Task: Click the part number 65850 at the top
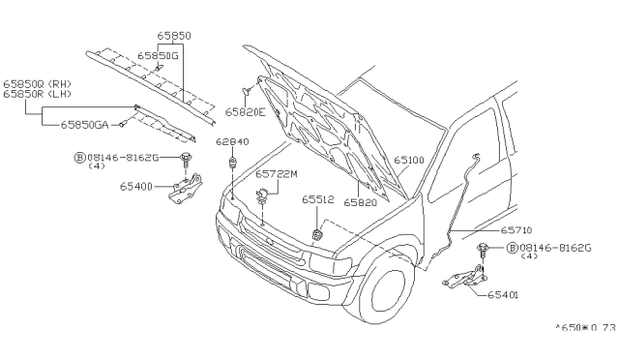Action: [x=174, y=36]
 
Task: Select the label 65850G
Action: [x=158, y=56]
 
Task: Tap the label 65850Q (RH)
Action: [x=37, y=84]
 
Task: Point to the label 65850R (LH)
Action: [x=37, y=94]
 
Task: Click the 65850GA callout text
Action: [x=84, y=125]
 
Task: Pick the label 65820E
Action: [x=246, y=112]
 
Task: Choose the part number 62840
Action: [x=232, y=141]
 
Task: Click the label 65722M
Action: [x=277, y=174]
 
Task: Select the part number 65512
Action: [x=318, y=199]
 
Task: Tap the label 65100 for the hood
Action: [x=409, y=160]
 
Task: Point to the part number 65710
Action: [x=516, y=230]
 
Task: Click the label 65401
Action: [x=503, y=295]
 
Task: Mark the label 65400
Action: [x=135, y=187]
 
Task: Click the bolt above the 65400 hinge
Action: [x=185, y=159]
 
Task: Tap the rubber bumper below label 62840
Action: [x=232, y=162]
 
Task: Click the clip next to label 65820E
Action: [x=247, y=91]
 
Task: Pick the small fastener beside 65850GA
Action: [x=123, y=124]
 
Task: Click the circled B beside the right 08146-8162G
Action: [x=512, y=248]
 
